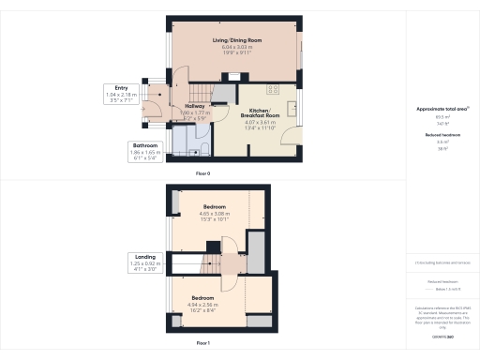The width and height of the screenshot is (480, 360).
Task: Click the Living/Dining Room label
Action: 235,40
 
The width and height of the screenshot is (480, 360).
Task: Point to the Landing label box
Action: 145,262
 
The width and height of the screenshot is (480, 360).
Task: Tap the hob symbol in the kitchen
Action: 274,90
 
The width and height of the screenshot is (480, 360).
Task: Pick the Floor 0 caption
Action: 202,173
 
